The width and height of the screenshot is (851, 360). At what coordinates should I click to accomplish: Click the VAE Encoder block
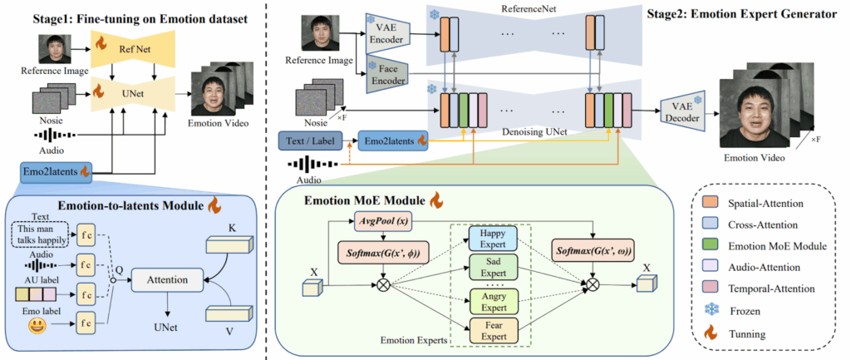pyautogui.click(x=383, y=36)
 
